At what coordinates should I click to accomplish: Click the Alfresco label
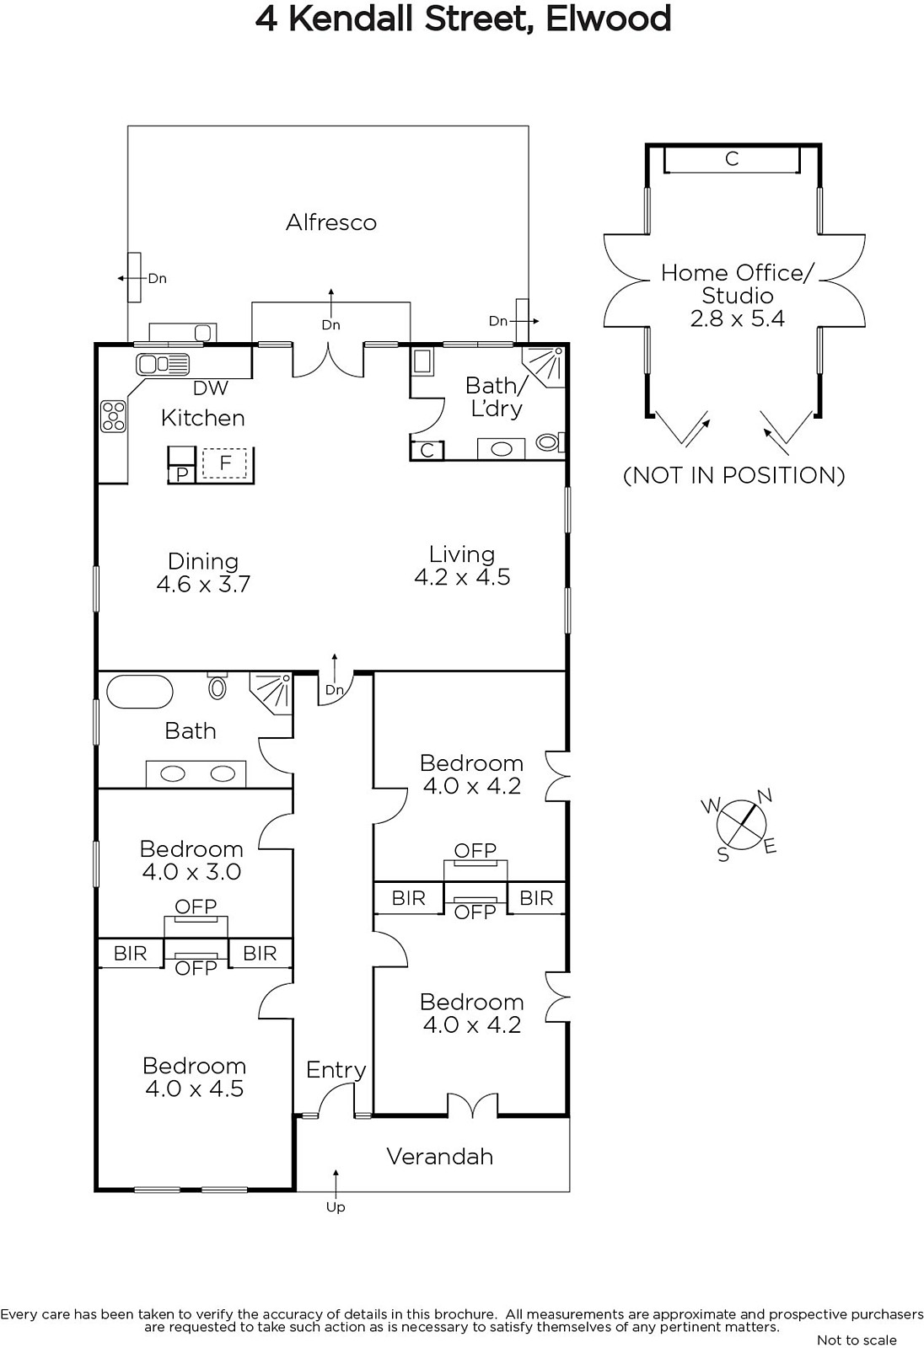pyautogui.click(x=331, y=222)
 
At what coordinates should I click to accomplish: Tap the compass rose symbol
pyautogui.click(x=742, y=825)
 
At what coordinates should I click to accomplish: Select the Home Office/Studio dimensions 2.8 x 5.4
pyautogui.click(x=738, y=318)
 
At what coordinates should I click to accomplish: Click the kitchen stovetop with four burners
pyautogui.click(x=113, y=416)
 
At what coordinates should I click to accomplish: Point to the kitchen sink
pyautogui.click(x=163, y=364)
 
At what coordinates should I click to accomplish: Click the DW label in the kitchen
pyautogui.click(x=210, y=388)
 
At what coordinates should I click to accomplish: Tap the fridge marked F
pyautogui.click(x=224, y=463)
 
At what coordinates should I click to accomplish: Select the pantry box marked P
pyautogui.click(x=182, y=474)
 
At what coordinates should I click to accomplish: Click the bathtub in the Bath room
pyautogui.click(x=140, y=692)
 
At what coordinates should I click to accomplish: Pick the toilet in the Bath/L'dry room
pyautogui.click(x=549, y=443)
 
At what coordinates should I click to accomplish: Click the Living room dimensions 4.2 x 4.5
pyautogui.click(x=462, y=577)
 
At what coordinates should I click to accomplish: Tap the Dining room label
pyautogui.click(x=203, y=561)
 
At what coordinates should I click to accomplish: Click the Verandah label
pyautogui.click(x=440, y=1157)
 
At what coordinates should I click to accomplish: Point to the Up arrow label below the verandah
pyautogui.click(x=336, y=1207)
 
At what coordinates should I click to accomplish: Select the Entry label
pyautogui.click(x=336, y=1070)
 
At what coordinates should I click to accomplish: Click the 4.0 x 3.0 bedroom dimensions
pyautogui.click(x=191, y=871)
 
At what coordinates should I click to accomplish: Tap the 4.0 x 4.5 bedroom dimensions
pyautogui.click(x=194, y=1088)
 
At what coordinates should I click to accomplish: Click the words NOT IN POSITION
pyautogui.click(x=733, y=475)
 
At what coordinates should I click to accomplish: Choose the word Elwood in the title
pyautogui.click(x=608, y=19)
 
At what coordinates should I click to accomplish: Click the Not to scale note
pyautogui.click(x=857, y=1340)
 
